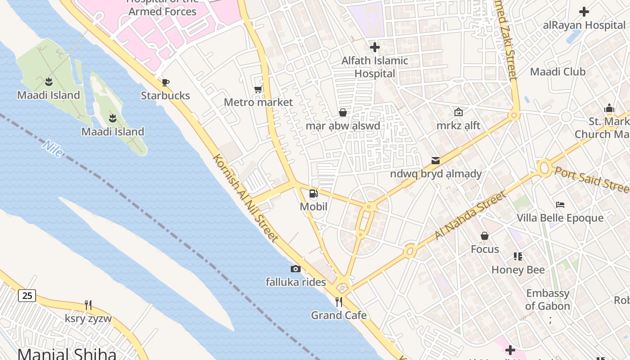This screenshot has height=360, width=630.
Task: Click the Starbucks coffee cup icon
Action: click(165, 82)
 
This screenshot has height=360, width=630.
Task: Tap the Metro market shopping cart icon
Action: click(258, 89)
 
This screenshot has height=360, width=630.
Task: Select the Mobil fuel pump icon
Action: click(313, 193)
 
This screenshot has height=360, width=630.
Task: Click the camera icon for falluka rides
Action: click(295, 269)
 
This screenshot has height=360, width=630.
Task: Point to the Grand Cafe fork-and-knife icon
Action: click(339, 301)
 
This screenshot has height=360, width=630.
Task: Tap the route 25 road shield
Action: click(27, 296)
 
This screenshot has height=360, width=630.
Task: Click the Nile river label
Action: click(53, 148)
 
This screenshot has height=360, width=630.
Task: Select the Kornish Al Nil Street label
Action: click(246, 198)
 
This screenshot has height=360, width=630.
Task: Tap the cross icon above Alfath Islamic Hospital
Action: click(374, 47)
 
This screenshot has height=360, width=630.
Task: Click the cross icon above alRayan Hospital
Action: click(584, 12)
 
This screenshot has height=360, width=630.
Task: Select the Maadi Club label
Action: click(558, 72)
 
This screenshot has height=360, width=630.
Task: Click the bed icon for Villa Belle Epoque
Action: click(560, 205)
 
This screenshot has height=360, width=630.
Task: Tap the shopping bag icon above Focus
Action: click(485, 236)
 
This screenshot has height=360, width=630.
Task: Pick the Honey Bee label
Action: click(518, 270)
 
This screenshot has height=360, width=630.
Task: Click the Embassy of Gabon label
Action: click(548, 300)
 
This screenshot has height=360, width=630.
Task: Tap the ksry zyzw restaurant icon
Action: click(88, 305)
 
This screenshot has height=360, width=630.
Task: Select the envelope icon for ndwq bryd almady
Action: click(435, 161)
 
